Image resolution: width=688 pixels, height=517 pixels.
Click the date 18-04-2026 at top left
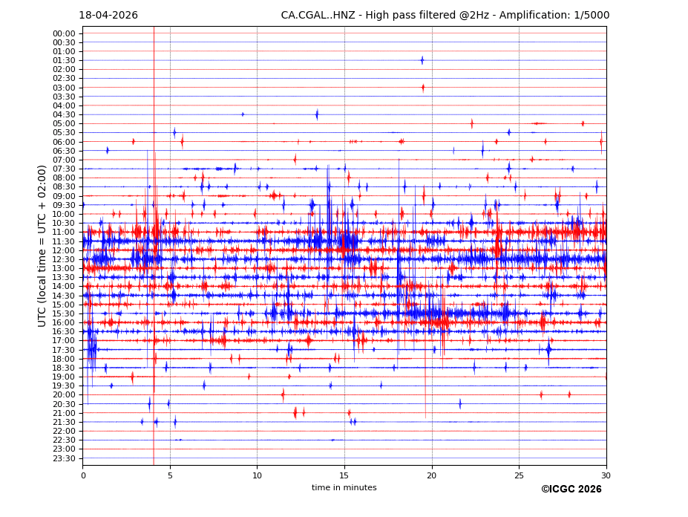[x=108, y=16]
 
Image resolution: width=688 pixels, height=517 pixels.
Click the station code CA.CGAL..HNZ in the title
[x=316, y=16]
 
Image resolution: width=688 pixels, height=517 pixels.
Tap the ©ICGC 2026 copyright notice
[x=571, y=490]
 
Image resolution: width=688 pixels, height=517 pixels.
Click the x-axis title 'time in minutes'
[x=344, y=488]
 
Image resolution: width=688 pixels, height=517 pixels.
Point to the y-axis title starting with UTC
[x=43, y=246]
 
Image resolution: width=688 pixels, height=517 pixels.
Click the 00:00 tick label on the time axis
[x=64, y=33]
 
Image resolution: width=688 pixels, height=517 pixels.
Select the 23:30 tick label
[x=64, y=458]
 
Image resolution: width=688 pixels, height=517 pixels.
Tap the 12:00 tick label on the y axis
[x=64, y=250]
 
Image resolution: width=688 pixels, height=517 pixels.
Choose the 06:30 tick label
[x=64, y=151]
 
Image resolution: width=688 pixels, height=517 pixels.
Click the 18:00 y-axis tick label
[x=64, y=359]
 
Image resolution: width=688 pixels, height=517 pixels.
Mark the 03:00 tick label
[x=64, y=88]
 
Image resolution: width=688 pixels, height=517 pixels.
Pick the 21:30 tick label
[x=64, y=422]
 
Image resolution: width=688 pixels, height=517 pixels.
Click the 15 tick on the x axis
[x=344, y=475]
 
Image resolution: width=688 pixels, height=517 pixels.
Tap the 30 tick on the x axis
[x=606, y=475]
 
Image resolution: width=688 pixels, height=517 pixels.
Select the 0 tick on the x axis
[x=83, y=475]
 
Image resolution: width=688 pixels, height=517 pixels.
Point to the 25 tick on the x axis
[x=519, y=475]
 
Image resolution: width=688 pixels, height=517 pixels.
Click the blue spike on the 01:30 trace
[x=422, y=60]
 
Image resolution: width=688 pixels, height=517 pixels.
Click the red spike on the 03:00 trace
[x=423, y=88]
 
